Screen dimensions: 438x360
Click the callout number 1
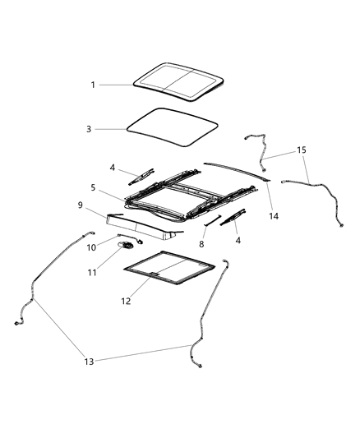(x=94, y=84)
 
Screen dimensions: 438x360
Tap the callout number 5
(x=94, y=187)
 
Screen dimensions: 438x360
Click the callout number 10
(x=93, y=246)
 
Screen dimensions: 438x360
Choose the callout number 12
(x=127, y=302)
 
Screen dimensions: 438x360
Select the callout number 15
(x=302, y=150)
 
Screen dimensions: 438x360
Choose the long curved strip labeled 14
(x=238, y=168)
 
